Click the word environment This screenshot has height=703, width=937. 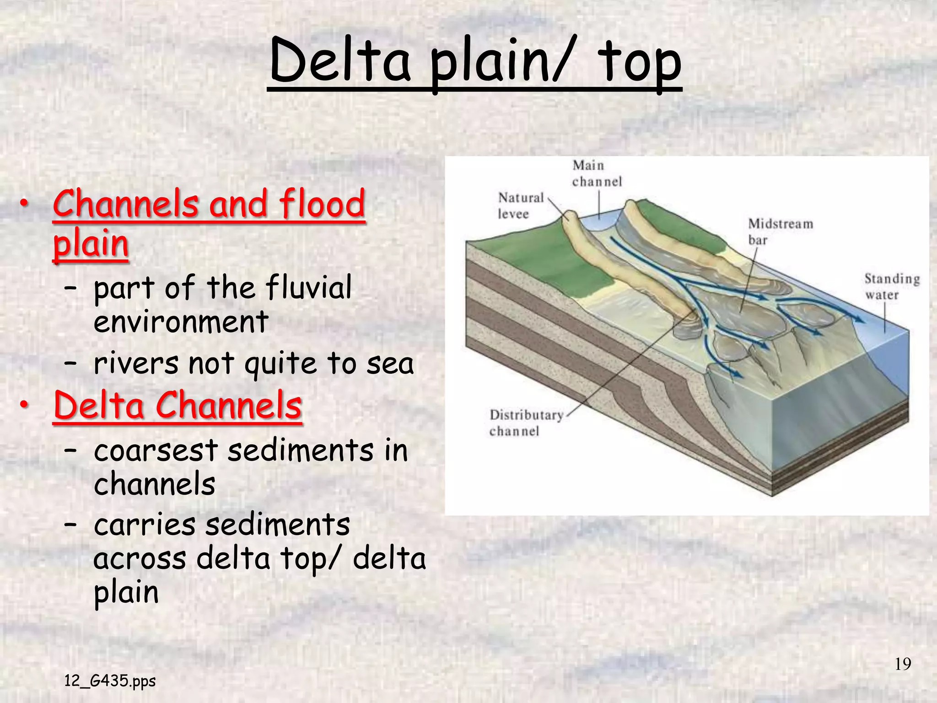pos(181,322)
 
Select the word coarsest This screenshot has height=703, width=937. pos(156,450)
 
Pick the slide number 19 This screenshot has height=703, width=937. pos(903,664)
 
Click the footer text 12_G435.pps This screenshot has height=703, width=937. pos(110,681)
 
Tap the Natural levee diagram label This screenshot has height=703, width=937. pos(520,205)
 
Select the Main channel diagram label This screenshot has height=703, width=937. pos(597,173)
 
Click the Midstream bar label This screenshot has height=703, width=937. pos(780,232)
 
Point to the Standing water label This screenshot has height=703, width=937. pos(891,287)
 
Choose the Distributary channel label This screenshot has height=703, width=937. pos(526,423)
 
